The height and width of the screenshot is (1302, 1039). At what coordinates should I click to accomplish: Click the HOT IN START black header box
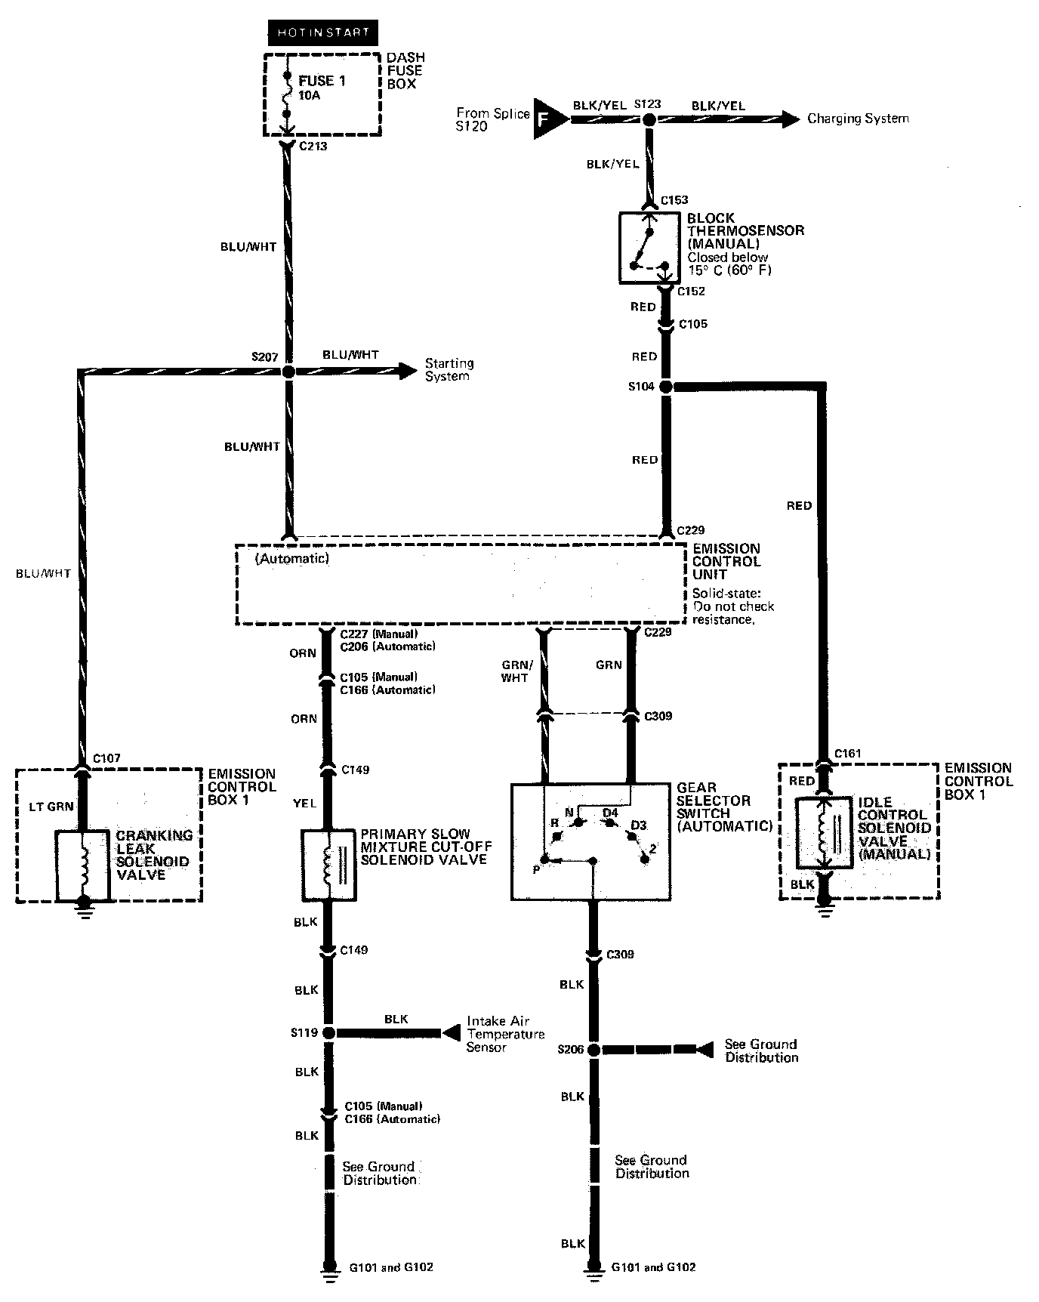[x=322, y=32]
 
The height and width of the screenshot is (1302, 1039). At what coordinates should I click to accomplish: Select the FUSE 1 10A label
[x=322, y=88]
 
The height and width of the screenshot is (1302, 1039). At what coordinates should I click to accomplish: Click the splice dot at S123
[x=649, y=119]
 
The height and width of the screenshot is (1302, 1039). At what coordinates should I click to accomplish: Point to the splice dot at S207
[x=287, y=372]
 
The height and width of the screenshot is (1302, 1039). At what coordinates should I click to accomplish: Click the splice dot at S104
[x=665, y=387]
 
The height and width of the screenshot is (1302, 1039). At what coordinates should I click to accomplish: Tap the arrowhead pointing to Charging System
[x=790, y=119]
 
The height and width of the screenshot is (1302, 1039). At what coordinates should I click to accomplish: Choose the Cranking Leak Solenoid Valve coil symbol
[x=83, y=865]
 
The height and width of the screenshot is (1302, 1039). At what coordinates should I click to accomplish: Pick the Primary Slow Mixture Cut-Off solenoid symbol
[x=328, y=865]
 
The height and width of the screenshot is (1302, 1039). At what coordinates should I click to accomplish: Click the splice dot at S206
[x=593, y=1050]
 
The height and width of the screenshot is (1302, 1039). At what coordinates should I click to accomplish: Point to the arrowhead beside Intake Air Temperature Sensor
[x=452, y=1032]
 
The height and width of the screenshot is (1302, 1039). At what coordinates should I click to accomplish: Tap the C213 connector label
[x=313, y=146]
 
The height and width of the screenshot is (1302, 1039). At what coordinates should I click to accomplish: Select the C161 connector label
[x=847, y=754]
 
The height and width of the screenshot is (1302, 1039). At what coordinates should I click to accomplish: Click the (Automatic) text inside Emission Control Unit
[x=292, y=559]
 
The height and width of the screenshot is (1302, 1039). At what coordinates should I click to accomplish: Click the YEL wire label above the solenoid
[x=304, y=804]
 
